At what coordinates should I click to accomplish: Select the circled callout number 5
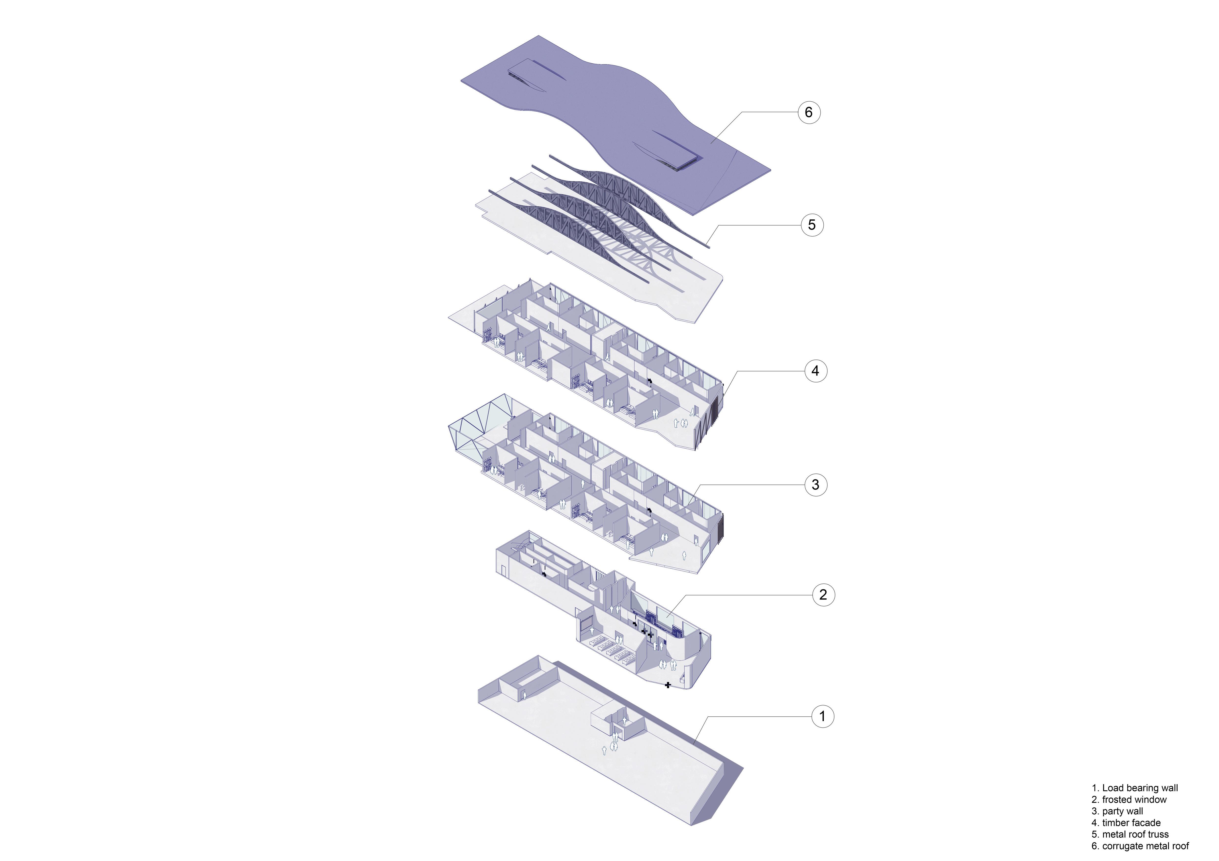click(x=812, y=225)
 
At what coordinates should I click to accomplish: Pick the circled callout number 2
click(x=823, y=594)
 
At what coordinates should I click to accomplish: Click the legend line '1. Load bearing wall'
click(x=1135, y=788)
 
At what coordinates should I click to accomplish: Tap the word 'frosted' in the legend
click(x=1117, y=799)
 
